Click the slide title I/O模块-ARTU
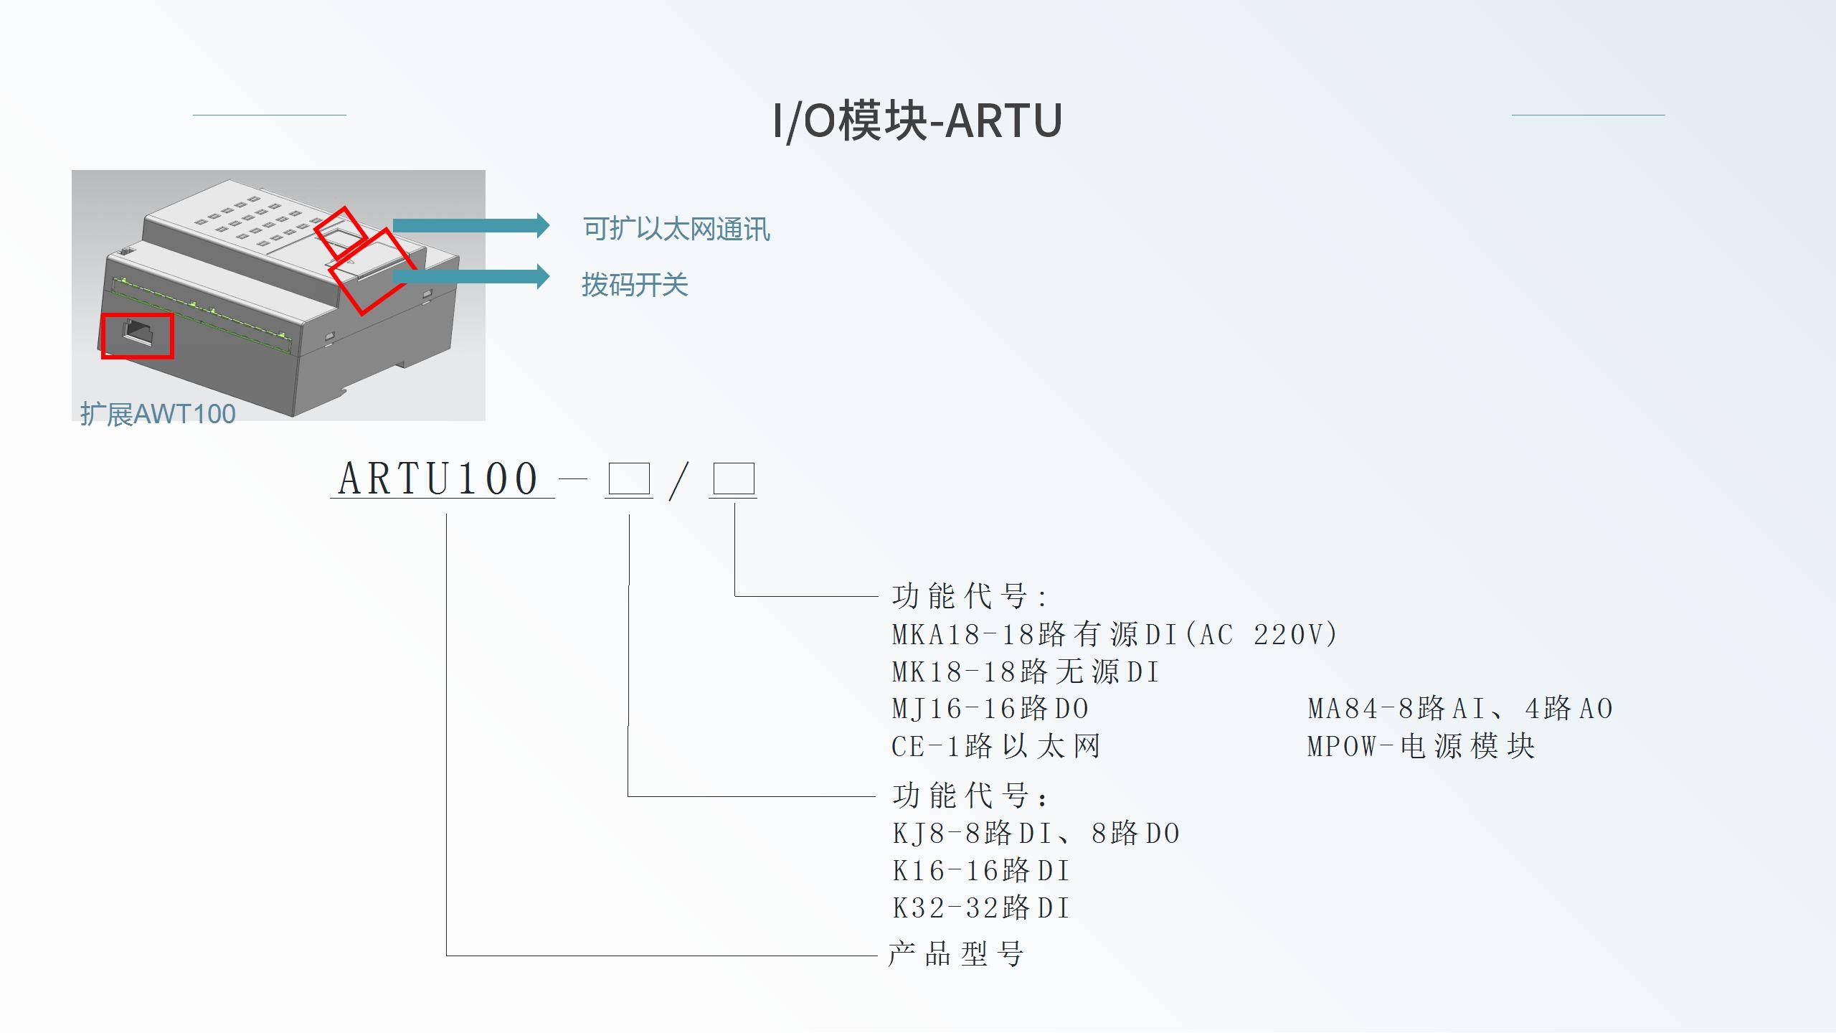click(x=917, y=120)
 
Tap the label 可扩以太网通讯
click(x=676, y=230)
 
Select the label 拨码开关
click(x=635, y=285)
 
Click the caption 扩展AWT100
click(x=158, y=414)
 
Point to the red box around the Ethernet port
click(x=137, y=335)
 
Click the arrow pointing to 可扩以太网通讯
click(x=470, y=225)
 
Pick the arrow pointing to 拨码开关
click(x=470, y=276)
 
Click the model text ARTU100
click(x=439, y=478)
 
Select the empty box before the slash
click(x=629, y=478)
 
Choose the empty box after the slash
click(x=733, y=478)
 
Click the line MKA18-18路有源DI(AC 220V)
click(x=1114, y=634)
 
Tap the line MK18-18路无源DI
click(x=1025, y=672)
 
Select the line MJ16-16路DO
click(x=990, y=709)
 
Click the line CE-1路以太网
click(x=995, y=747)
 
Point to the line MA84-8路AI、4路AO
click(x=1460, y=709)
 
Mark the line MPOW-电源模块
click(x=1421, y=747)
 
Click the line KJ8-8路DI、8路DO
click(x=1036, y=834)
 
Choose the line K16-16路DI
click(x=980, y=871)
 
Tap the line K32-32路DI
click(x=980, y=908)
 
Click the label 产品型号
click(x=955, y=954)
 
